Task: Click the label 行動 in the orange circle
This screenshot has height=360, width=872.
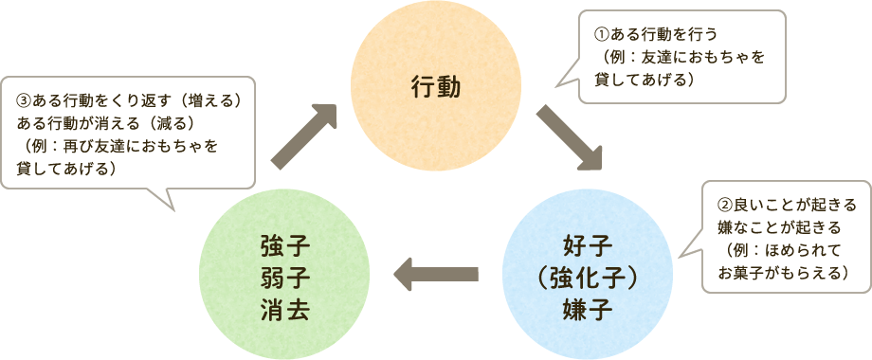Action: pos(436,88)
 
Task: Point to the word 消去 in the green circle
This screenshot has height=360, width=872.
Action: pos(285,308)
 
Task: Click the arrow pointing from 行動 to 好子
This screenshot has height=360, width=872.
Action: pos(570,138)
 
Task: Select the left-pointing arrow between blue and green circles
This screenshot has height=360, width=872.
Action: pos(435,276)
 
